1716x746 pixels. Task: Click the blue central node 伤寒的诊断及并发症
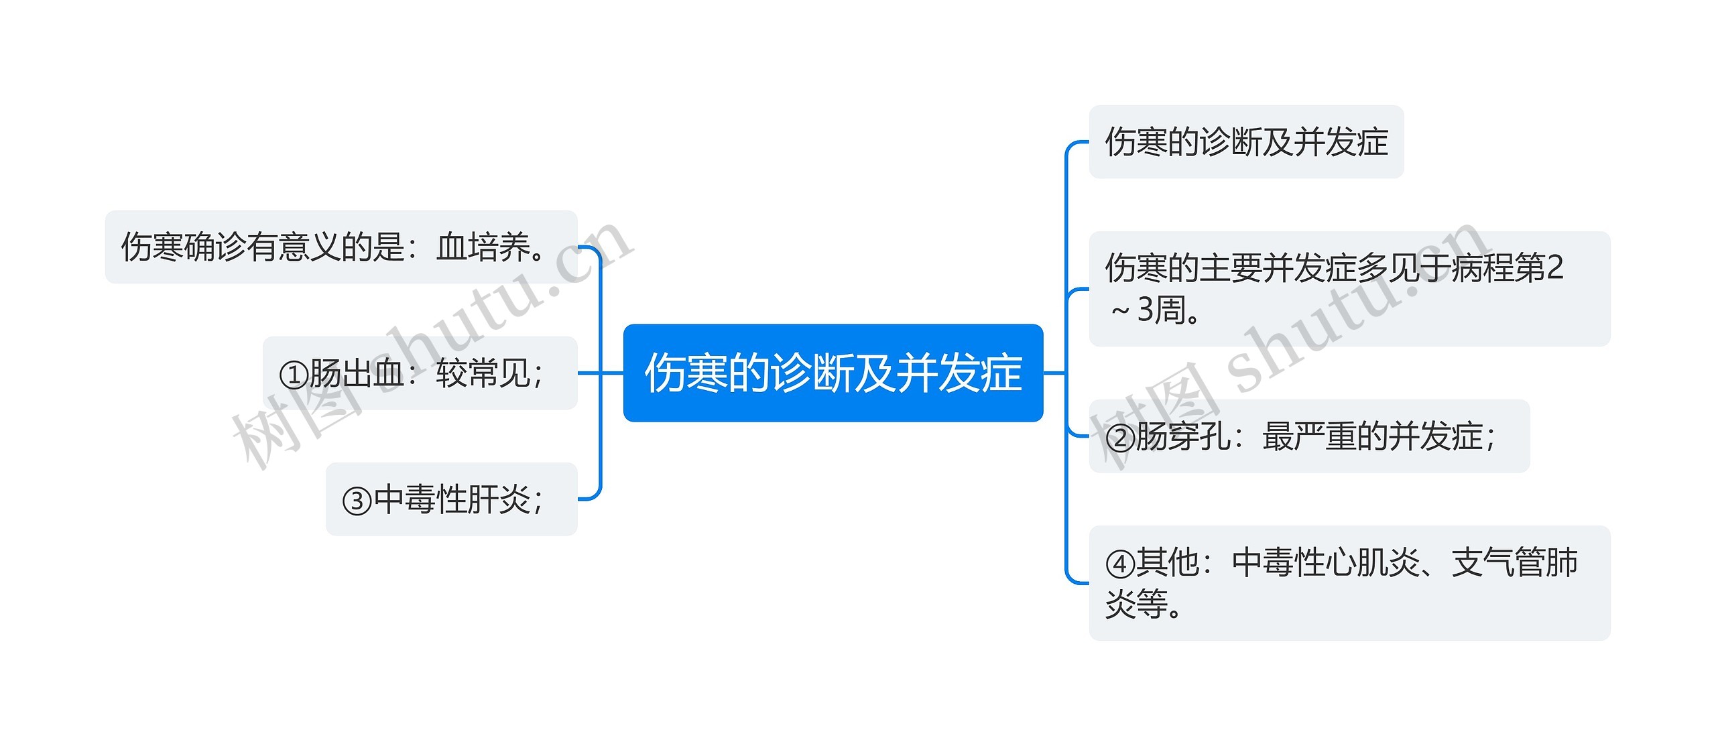[x=833, y=373]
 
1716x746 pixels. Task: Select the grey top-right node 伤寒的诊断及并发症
[x=1246, y=141]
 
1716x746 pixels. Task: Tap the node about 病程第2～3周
[x=1349, y=289]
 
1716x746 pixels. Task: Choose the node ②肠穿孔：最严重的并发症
[x=1309, y=436]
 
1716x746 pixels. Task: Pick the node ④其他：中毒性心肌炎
[x=1349, y=583]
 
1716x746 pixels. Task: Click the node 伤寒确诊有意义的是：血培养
[x=341, y=247]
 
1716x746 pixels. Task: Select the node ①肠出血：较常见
[x=420, y=373]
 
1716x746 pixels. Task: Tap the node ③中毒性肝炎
[x=451, y=499]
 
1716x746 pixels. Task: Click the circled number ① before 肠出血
[x=294, y=375]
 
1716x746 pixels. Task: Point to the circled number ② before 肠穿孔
[x=1120, y=438]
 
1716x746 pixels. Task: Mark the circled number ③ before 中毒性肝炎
[x=357, y=501]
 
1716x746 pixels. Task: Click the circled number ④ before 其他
[x=1120, y=564]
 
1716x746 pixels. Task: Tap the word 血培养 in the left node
[x=483, y=247]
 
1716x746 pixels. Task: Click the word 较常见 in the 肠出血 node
[x=483, y=373]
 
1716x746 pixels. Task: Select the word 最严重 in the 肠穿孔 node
[x=1309, y=436]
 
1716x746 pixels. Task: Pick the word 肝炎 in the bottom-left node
[x=499, y=499]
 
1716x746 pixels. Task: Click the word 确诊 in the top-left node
[x=215, y=247]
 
